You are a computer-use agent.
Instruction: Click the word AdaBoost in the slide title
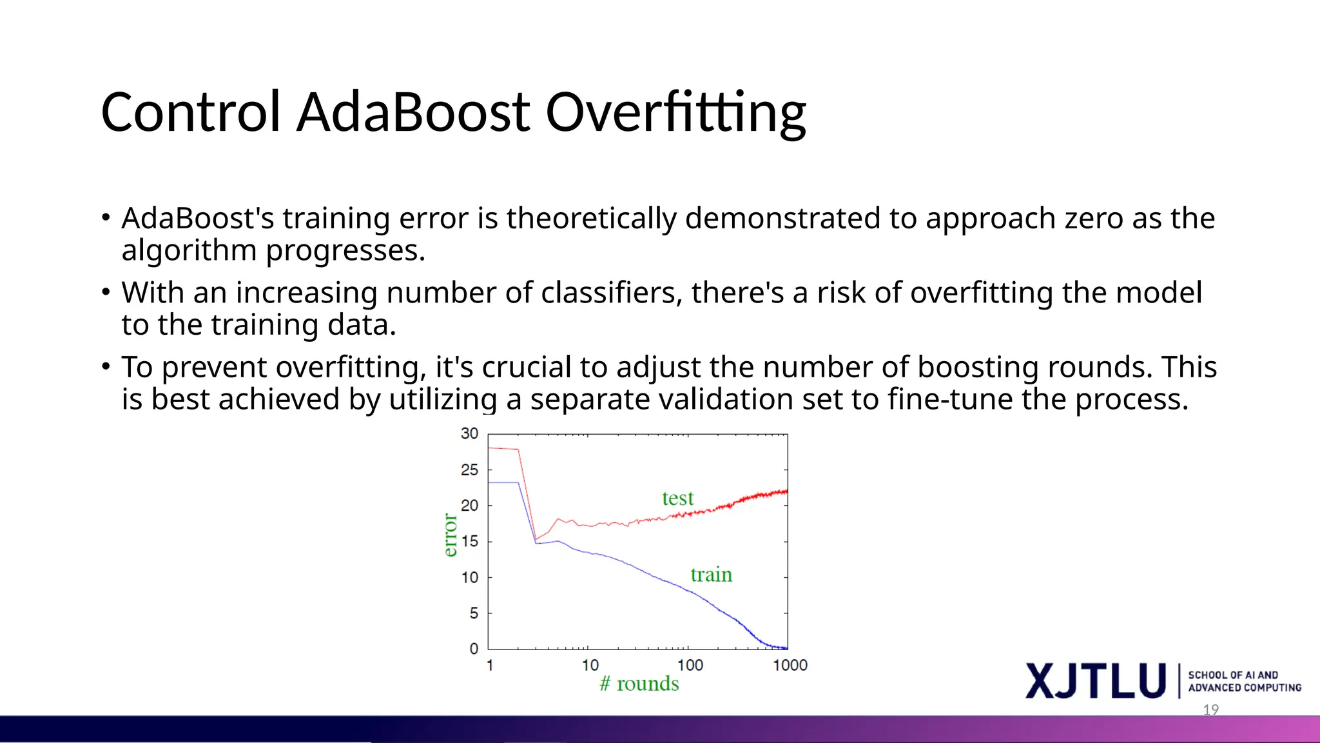click(412, 113)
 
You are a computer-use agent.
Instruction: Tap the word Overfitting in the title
click(675, 113)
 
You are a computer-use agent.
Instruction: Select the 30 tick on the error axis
click(469, 434)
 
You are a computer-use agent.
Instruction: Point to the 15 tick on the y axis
click(469, 542)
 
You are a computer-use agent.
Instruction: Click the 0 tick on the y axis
click(474, 649)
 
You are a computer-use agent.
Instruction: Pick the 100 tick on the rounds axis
click(690, 665)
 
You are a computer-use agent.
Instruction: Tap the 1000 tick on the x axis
click(790, 665)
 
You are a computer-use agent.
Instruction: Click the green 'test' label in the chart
click(677, 498)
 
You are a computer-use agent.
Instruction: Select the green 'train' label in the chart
click(711, 574)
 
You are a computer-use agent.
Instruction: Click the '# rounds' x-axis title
click(639, 684)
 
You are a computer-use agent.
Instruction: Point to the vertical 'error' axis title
click(450, 535)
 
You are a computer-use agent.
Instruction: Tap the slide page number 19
click(1210, 710)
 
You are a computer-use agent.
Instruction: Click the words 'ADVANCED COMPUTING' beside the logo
click(1245, 688)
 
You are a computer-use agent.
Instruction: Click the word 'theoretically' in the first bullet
click(591, 218)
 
